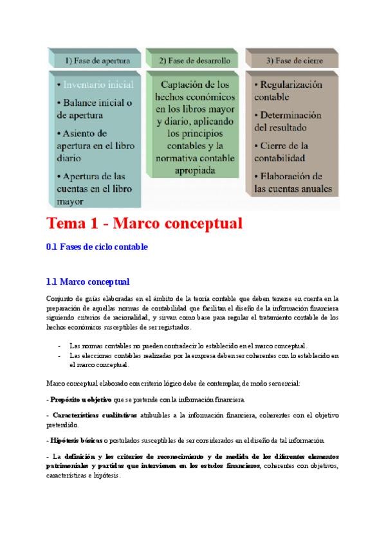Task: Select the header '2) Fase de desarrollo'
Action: pyautogui.click(x=194, y=61)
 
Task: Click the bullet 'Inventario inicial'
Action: pyautogui.click(x=97, y=84)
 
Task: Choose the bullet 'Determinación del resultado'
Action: pyautogui.click(x=288, y=121)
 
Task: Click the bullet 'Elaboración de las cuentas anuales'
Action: pyautogui.click(x=293, y=183)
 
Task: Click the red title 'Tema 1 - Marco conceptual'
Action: pyautogui.click(x=144, y=224)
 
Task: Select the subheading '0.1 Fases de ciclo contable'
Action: pyautogui.click(x=97, y=247)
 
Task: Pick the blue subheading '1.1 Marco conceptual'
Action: pyautogui.click(x=88, y=281)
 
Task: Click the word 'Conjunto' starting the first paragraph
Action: pyautogui.click(x=59, y=298)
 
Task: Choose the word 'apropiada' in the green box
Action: pyautogui.click(x=195, y=170)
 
